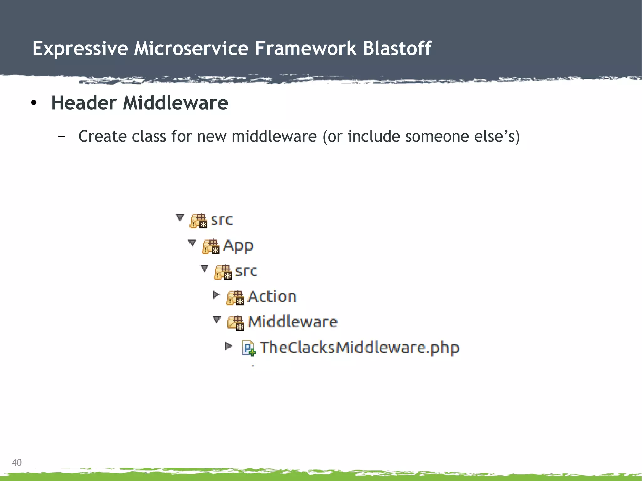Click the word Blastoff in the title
click(x=397, y=49)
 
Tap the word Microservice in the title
click(x=191, y=49)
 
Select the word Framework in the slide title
click(x=305, y=49)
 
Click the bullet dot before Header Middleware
click(x=34, y=103)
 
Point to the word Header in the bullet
click(x=84, y=103)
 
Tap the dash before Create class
click(x=61, y=136)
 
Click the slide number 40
click(x=16, y=463)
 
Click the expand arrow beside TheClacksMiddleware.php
click(x=229, y=346)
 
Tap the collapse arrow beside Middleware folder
click(x=217, y=320)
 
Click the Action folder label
click(x=272, y=296)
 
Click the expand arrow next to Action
click(x=216, y=295)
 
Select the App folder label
click(x=238, y=246)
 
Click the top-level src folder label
click(x=222, y=220)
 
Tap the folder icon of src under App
click(x=223, y=272)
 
